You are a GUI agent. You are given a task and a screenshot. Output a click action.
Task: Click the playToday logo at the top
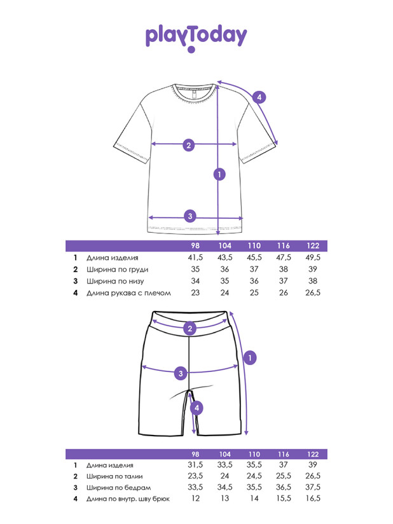click(x=196, y=37)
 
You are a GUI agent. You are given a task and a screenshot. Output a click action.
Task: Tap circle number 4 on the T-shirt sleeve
click(x=258, y=97)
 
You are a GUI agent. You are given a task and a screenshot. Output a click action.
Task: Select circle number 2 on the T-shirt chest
click(x=188, y=145)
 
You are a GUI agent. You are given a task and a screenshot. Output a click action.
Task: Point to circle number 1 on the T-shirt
click(x=219, y=174)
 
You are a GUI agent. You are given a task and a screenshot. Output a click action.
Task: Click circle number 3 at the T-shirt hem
click(x=189, y=216)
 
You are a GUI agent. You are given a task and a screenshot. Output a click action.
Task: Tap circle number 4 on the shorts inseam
click(x=197, y=408)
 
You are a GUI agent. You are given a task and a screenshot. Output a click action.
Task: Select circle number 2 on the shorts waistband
click(x=189, y=329)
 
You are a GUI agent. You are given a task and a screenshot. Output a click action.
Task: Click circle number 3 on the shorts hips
click(x=181, y=373)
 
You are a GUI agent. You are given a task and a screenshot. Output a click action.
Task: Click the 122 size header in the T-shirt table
click(x=313, y=246)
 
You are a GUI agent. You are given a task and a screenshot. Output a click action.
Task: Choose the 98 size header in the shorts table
click(x=195, y=454)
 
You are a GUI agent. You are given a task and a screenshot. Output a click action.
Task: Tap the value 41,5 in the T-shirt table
click(x=195, y=258)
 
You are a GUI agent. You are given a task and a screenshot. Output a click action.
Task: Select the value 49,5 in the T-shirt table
click(x=313, y=258)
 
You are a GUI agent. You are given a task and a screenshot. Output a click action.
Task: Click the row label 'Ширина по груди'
click(x=113, y=270)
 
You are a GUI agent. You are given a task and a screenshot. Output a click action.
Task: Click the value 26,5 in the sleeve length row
click(x=313, y=293)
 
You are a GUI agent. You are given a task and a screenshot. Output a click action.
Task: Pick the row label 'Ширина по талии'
click(x=114, y=476)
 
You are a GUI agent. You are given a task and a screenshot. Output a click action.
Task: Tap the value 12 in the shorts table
click(x=195, y=499)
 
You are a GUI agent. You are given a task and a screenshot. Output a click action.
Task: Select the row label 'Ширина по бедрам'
click(x=117, y=488)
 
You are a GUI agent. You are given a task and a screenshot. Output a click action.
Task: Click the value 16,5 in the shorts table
click(x=313, y=499)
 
